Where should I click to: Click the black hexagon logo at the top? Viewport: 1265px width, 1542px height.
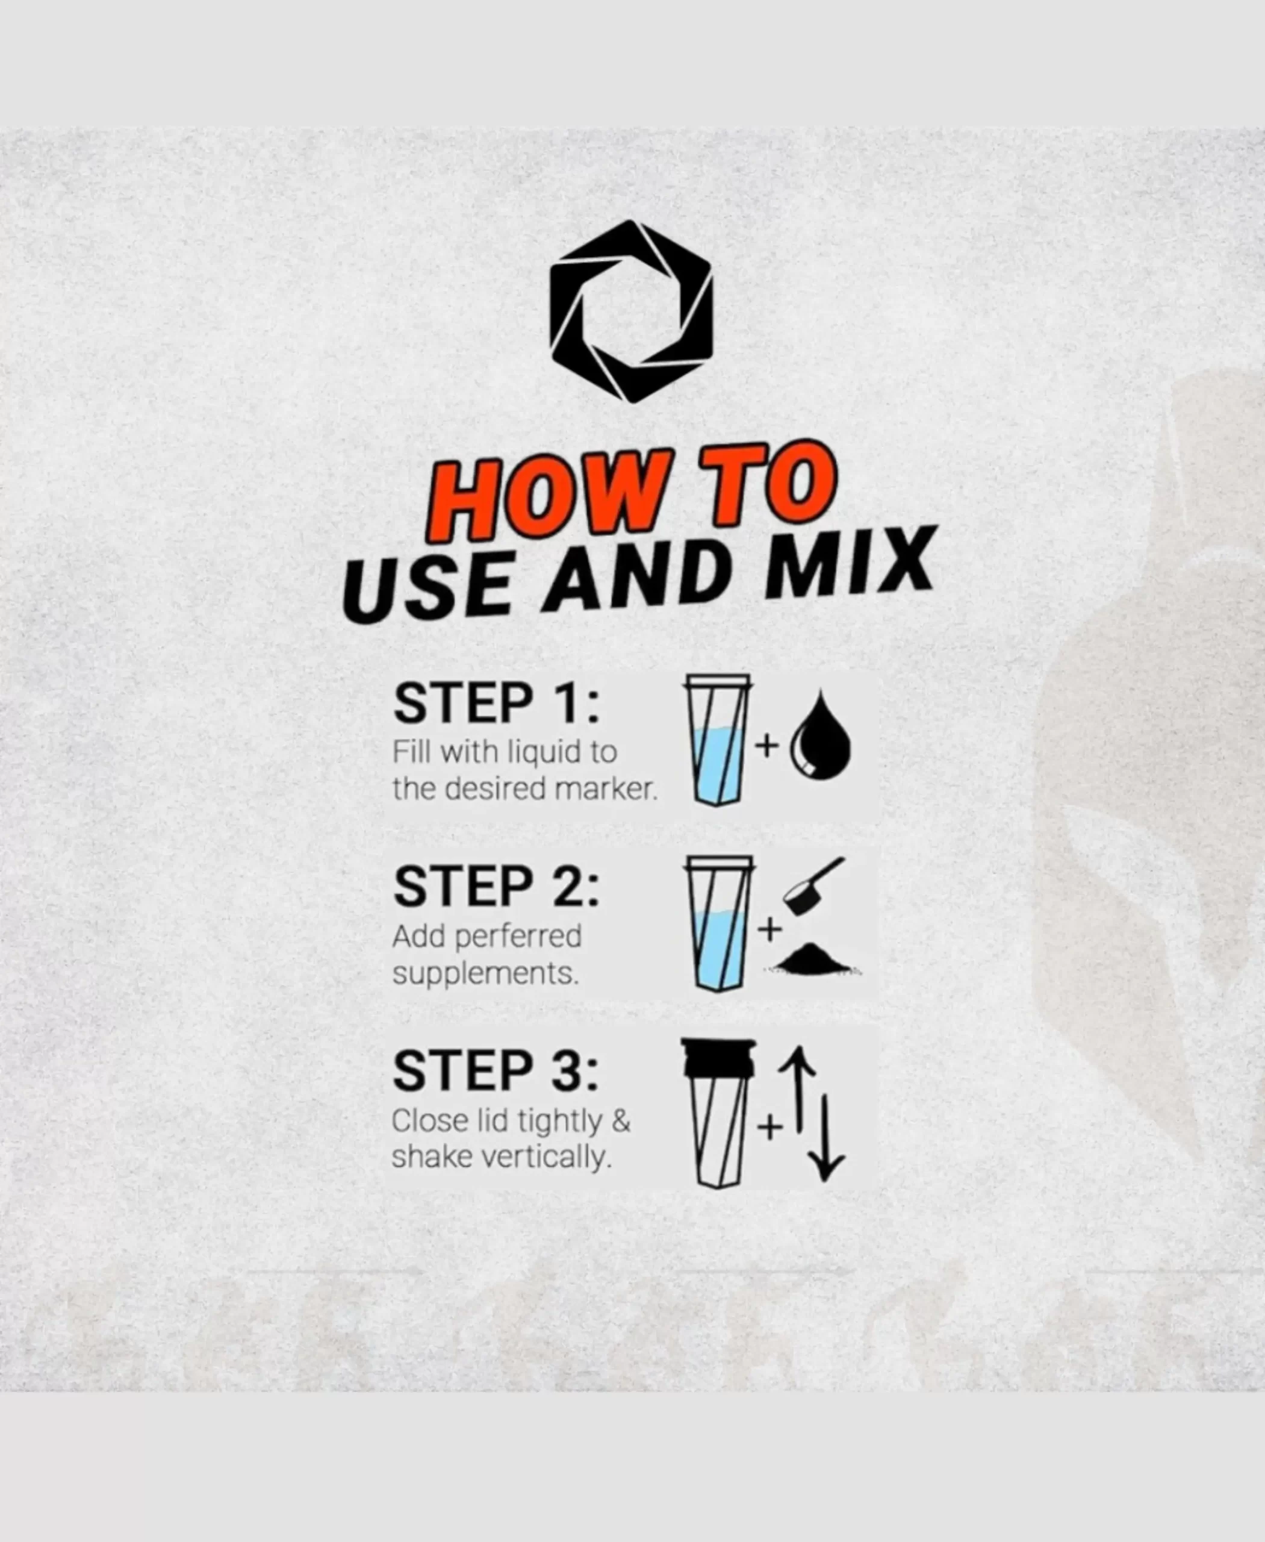(631, 311)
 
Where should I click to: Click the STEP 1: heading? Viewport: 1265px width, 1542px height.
(496, 704)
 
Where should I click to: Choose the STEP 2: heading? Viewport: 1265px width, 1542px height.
(496, 887)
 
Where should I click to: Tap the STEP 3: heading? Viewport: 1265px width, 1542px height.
(496, 1071)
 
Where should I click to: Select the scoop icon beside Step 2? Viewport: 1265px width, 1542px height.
(814, 885)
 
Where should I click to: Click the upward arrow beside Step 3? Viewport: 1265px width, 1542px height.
(798, 1090)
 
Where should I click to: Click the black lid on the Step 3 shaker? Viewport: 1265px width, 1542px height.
(718, 1058)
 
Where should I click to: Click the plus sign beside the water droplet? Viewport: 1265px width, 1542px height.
(766, 745)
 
